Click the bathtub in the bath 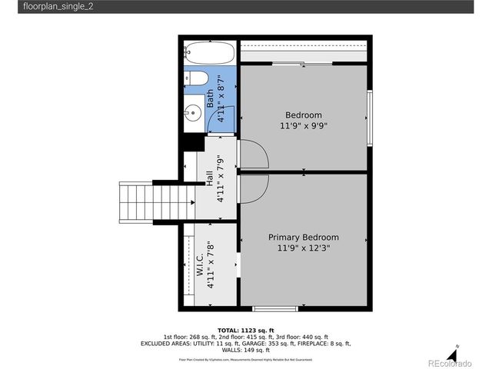point(208,53)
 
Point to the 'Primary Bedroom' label point(303,238)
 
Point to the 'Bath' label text point(209,100)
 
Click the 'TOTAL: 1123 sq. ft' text point(245,329)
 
